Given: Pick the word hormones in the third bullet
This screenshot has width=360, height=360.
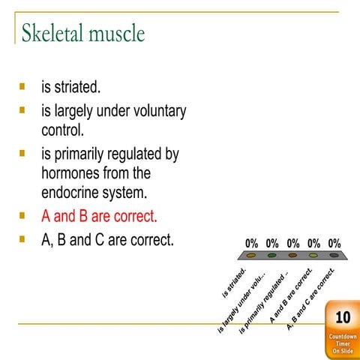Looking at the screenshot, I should [74, 173].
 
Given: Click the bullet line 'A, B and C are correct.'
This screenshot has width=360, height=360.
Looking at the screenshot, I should [107, 241].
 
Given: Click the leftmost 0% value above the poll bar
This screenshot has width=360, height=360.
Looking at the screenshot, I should [252, 244].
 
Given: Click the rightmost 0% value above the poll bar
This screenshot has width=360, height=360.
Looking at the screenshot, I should [333, 244].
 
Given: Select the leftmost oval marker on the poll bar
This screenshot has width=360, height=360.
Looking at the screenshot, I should [252, 256].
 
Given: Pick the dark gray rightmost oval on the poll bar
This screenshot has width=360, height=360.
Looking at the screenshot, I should [333, 256].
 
